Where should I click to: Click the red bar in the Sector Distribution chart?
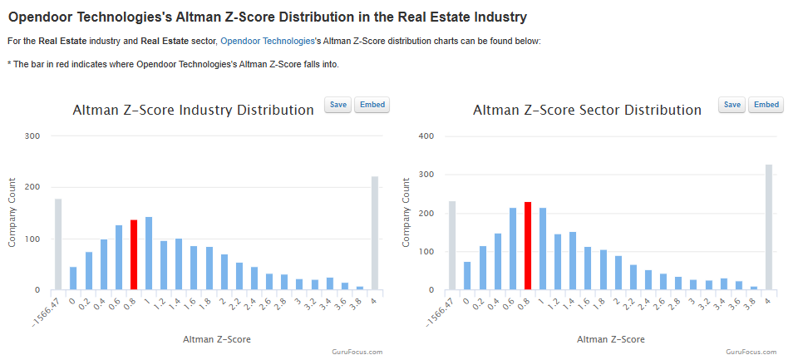pyautogui.click(x=528, y=245)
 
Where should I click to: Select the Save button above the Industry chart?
pyautogui.click(x=338, y=105)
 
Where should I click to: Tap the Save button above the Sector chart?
pyautogui.click(x=732, y=105)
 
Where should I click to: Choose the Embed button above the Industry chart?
pyautogui.click(x=372, y=105)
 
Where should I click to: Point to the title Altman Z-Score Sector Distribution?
pyautogui.click(x=587, y=110)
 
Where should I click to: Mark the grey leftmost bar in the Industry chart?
pyautogui.click(x=58, y=244)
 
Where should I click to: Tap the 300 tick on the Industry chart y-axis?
pyautogui.click(x=32, y=136)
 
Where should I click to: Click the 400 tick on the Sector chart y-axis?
pyautogui.click(x=426, y=136)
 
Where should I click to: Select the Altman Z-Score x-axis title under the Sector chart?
pyautogui.click(x=610, y=339)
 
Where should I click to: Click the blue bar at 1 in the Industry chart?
pyautogui.click(x=149, y=253)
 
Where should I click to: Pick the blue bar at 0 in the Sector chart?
pyautogui.click(x=467, y=275)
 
